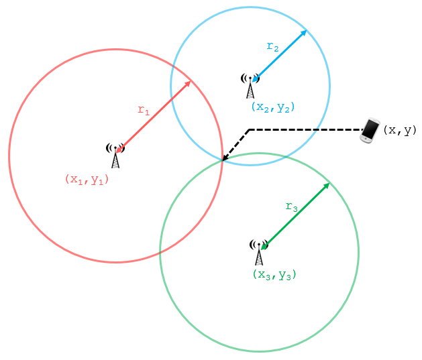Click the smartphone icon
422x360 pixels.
(x=370, y=131)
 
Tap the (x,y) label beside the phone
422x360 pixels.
(x=400, y=131)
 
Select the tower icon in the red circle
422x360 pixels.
(x=115, y=156)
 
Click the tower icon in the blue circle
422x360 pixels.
(x=250, y=86)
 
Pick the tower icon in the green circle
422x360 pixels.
(x=259, y=252)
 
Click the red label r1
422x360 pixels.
(x=144, y=111)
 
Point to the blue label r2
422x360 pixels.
(x=272, y=47)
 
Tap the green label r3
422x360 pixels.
(x=292, y=207)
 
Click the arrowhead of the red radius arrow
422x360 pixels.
(x=189, y=84)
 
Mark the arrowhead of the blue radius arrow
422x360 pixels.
(x=305, y=32)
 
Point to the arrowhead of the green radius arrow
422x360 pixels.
(x=327, y=185)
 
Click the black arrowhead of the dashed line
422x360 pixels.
(x=225, y=159)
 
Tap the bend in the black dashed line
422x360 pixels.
(x=250, y=129)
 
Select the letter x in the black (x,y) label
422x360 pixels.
(x=392, y=131)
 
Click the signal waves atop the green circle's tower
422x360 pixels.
(x=259, y=243)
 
